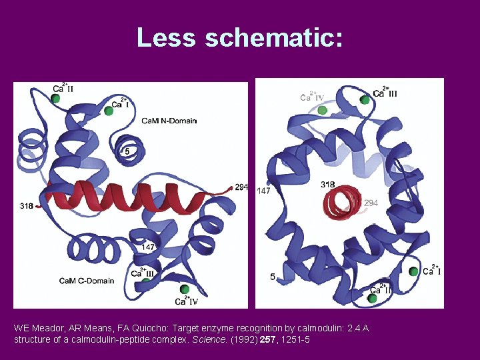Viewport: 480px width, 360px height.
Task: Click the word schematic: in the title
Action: tap(274, 37)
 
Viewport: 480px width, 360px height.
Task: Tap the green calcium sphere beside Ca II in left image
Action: tap(56, 99)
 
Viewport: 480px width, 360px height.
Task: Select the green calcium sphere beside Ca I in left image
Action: tap(108, 111)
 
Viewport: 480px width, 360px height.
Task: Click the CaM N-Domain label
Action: tap(169, 121)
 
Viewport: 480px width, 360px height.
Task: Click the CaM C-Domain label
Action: tap(86, 281)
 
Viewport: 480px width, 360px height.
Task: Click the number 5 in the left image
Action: tap(127, 152)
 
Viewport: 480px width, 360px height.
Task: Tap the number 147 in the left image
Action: tap(148, 247)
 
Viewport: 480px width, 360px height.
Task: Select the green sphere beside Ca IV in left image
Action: tap(185, 289)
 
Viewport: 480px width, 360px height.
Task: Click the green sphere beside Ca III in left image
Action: tap(147, 281)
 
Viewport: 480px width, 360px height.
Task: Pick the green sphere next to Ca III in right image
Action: tap(365, 100)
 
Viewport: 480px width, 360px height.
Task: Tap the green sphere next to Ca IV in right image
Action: tap(323, 110)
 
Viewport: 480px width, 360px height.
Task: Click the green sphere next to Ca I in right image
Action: tap(414, 271)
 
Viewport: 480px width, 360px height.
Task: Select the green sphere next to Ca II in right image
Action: tap(373, 298)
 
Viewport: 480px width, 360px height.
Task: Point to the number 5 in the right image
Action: tap(272, 276)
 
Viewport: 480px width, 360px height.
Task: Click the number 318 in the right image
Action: tap(327, 184)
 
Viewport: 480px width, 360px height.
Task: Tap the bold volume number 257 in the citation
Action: tap(270, 340)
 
